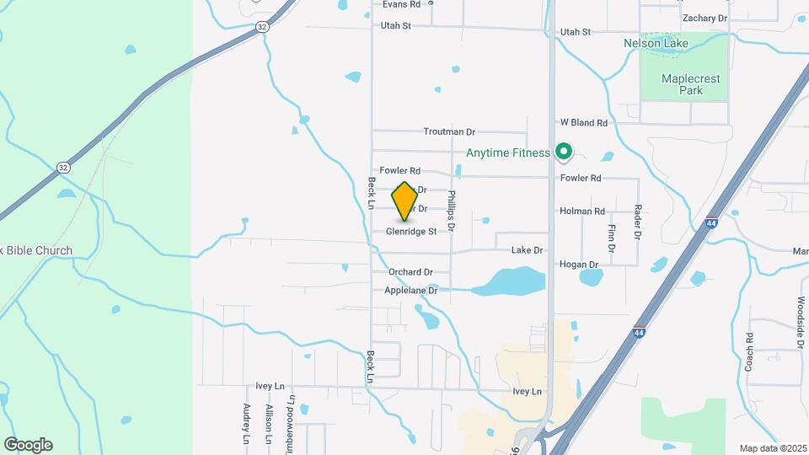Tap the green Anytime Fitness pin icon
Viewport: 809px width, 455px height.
[564, 153]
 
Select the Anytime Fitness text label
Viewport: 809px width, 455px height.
[507, 153]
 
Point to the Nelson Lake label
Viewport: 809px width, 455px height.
[656, 43]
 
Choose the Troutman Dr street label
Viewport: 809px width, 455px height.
[449, 132]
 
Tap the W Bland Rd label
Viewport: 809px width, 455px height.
[584, 123]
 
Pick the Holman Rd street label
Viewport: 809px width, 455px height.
[582, 211]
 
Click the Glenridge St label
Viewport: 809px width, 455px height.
[412, 231]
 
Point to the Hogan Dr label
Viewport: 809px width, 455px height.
[580, 265]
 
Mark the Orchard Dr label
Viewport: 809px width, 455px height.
[410, 272]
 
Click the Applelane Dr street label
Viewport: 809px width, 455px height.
[411, 291]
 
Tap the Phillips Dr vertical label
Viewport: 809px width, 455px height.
[452, 211]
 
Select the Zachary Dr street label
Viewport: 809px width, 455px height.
[705, 18]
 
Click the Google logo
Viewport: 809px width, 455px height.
[28, 444]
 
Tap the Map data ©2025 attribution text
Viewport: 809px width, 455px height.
[771, 447]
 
